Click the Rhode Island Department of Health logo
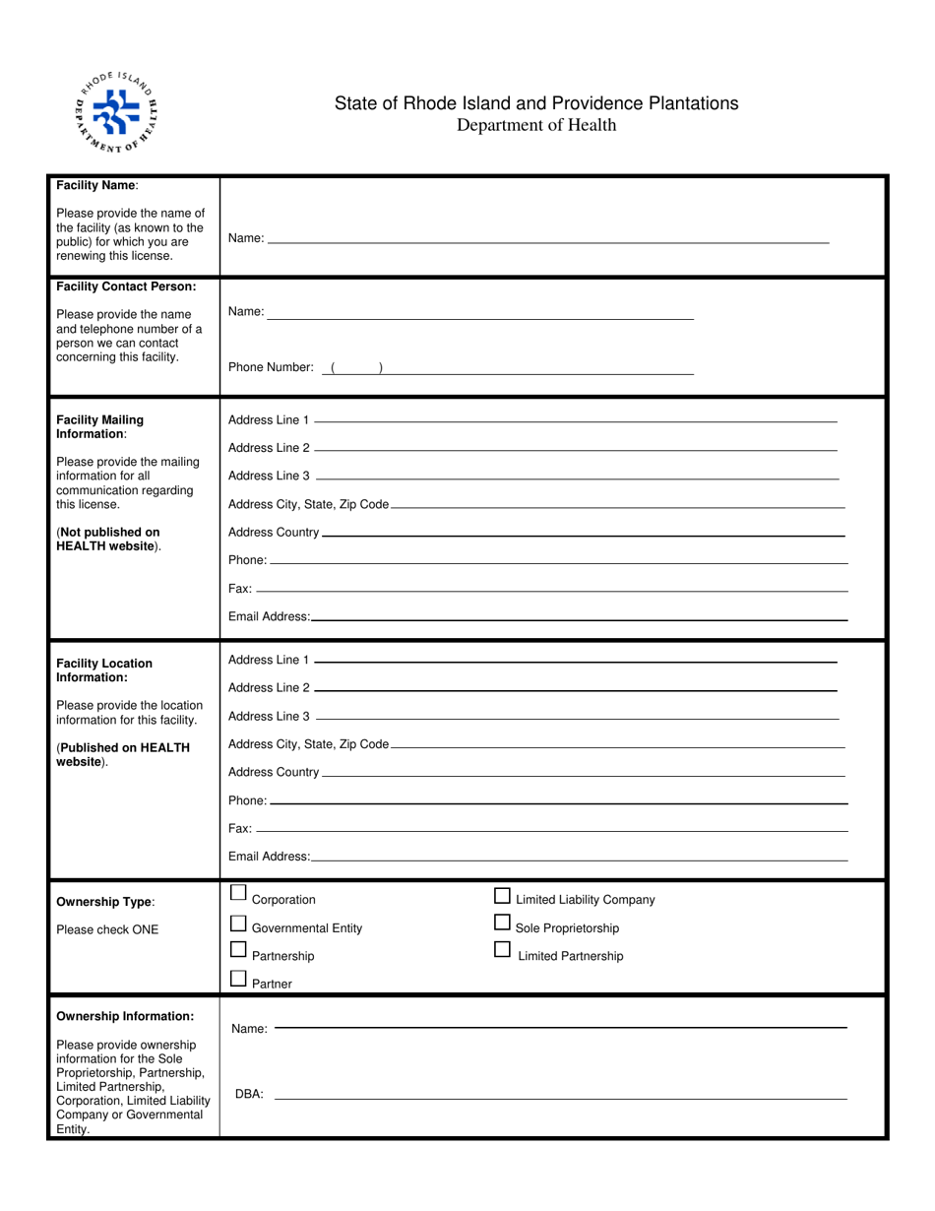(x=116, y=113)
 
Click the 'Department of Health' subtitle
(x=536, y=125)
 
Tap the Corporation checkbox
(x=238, y=894)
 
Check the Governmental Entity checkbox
(x=238, y=924)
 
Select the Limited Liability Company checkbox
(x=502, y=895)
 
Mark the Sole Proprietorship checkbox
(x=502, y=923)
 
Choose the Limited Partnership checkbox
(x=502, y=950)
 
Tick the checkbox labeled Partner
(x=238, y=979)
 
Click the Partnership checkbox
(x=238, y=951)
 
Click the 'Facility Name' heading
(x=97, y=185)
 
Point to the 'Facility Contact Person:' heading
(x=126, y=287)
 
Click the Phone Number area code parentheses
(x=356, y=368)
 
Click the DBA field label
(x=249, y=1094)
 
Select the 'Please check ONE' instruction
(x=107, y=929)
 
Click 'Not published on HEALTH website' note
(x=108, y=539)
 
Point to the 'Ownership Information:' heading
(x=125, y=1016)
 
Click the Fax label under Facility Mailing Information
(x=239, y=589)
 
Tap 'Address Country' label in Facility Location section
(x=274, y=773)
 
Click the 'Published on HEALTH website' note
(x=122, y=754)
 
